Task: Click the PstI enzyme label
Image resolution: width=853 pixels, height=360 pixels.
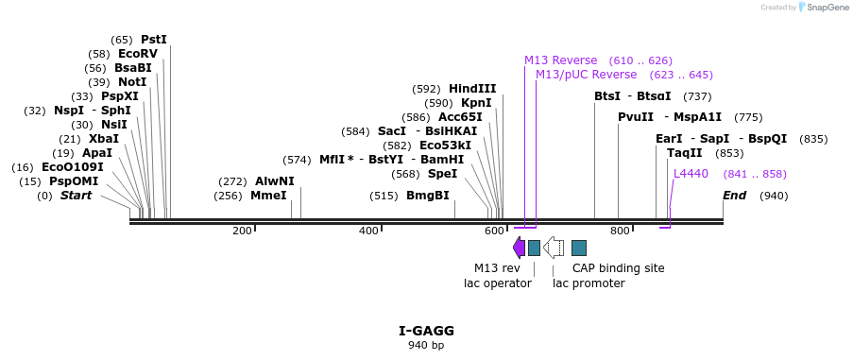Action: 154,40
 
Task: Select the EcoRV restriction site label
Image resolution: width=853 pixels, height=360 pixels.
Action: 138,54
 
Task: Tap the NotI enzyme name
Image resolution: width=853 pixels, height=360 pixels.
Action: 132,82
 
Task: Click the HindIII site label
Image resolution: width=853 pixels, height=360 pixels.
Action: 472,89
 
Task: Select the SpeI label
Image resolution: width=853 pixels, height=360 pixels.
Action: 442,174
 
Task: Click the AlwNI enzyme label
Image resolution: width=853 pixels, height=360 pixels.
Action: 274,181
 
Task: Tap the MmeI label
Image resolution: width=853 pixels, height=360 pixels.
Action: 268,196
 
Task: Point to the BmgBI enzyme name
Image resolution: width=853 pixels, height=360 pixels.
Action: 428,196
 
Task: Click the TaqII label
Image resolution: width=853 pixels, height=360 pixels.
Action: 684,153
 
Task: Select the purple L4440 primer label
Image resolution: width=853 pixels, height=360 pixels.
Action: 691,174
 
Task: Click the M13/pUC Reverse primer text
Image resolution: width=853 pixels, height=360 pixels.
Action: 586,75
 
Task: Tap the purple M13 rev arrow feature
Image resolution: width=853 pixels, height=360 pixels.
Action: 519,248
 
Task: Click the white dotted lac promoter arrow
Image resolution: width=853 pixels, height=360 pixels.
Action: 554,248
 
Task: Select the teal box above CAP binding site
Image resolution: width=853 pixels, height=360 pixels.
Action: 579,248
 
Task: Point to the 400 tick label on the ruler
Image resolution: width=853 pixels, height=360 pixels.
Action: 368,231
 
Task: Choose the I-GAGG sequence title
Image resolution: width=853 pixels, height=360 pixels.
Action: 427,331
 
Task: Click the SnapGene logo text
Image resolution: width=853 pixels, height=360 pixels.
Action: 826,7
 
